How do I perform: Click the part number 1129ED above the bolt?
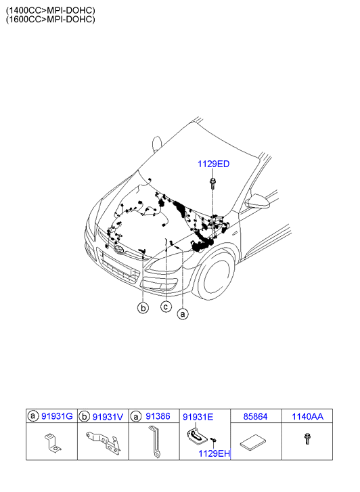point(213,164)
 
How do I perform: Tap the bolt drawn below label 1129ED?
point(212,183)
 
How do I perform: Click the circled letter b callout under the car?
point(143,308)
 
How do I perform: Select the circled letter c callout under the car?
point(166,307)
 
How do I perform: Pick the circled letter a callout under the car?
point(183,314)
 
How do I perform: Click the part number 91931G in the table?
point(57,416)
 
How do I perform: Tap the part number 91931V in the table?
point(108,417)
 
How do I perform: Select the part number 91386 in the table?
point(158,416)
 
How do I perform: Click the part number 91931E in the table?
point(198,417)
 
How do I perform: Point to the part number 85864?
point(256,417)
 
